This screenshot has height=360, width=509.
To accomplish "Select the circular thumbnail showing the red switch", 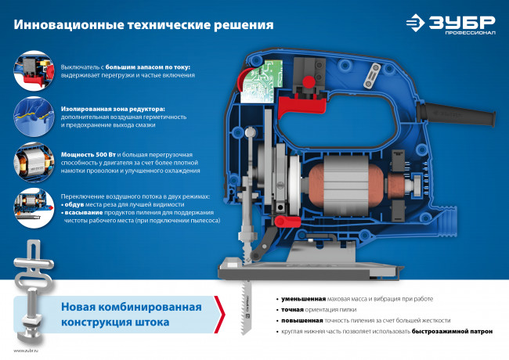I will pyautogui.click(x=34, y=70).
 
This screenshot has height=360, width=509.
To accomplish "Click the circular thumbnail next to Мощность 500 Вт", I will pyautogui.click(x=34, y=161).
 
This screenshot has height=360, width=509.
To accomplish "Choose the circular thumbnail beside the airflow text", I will pyautogui.click(x=34, y=207).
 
